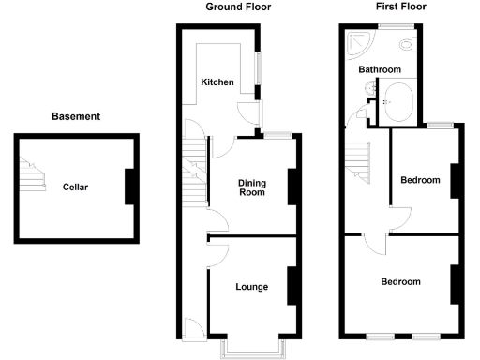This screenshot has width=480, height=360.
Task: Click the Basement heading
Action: pos(75,117)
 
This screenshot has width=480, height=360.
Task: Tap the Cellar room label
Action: pos(75,187)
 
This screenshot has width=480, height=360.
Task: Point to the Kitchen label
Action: pos(217,82)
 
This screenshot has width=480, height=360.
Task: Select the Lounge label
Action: pos(252,287)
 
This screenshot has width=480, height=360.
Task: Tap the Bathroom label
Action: pos(380,70)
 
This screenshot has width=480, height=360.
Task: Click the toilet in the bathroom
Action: pos(405,45)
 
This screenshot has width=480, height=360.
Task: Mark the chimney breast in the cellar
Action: pos(131,186)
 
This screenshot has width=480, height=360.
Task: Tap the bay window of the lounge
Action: pos(253,349)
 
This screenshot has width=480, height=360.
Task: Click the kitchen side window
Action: pos(261,70)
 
